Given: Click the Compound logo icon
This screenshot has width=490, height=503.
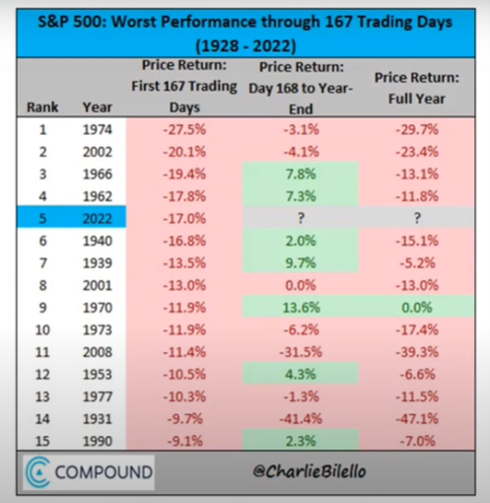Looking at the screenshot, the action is [38, 471].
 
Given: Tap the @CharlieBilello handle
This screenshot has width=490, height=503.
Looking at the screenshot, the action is [309, 471].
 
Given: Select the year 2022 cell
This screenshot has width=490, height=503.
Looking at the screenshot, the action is [98, 218].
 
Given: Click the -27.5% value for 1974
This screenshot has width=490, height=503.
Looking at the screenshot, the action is [184, 129].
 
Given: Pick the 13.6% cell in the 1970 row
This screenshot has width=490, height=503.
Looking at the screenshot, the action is [301, 308].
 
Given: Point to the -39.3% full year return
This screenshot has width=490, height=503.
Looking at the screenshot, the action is [417, 352].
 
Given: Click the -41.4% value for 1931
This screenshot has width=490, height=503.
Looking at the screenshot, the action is [301, 418].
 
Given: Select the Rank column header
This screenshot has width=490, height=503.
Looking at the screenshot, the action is [42, 108].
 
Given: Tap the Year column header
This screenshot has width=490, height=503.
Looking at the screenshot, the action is [98, 108].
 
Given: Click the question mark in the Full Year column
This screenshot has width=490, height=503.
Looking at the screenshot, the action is [417, 218].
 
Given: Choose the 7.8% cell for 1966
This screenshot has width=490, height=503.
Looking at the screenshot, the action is [301, 174].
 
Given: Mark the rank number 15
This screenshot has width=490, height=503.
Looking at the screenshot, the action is [42, 441].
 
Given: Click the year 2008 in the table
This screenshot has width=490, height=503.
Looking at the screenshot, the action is [98, 352].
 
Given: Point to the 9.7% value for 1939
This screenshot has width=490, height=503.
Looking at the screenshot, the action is [301, 263].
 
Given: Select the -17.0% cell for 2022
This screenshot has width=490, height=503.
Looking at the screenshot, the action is [184, 218].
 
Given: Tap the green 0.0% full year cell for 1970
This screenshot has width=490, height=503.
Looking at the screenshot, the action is [417, 308].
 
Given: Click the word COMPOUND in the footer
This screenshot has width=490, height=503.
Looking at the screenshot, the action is [104, 472].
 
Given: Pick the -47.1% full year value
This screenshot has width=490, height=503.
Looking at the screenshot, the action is [417, 418].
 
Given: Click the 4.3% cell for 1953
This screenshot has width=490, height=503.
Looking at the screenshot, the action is [301, 374].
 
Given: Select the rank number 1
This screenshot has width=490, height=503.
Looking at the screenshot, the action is [42, 129].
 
